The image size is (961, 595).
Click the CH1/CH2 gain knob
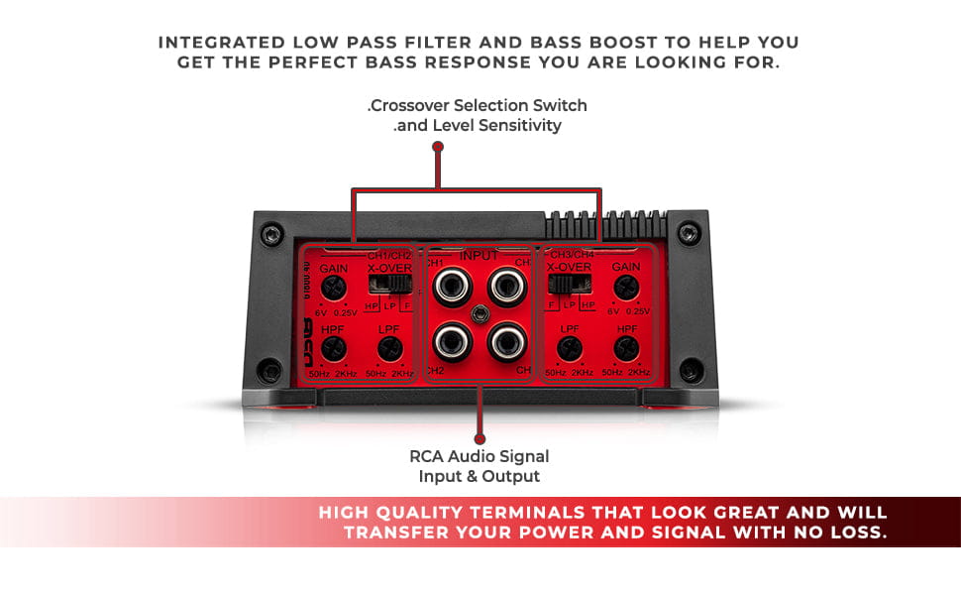coord(334,289)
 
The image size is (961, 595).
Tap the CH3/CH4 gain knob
coord(624,289)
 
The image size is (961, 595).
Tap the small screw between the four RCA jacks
coord(480,313)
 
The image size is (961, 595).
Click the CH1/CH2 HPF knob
coord(334,347)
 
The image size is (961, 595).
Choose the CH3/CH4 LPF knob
coord(569,348)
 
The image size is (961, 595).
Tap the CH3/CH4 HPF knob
coord(624,348)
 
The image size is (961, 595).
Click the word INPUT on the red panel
coord(480,256)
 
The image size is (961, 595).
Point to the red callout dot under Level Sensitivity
coord(438,146)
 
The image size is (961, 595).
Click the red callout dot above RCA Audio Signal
coord(480,438)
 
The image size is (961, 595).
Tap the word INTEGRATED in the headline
coord(213,43)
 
